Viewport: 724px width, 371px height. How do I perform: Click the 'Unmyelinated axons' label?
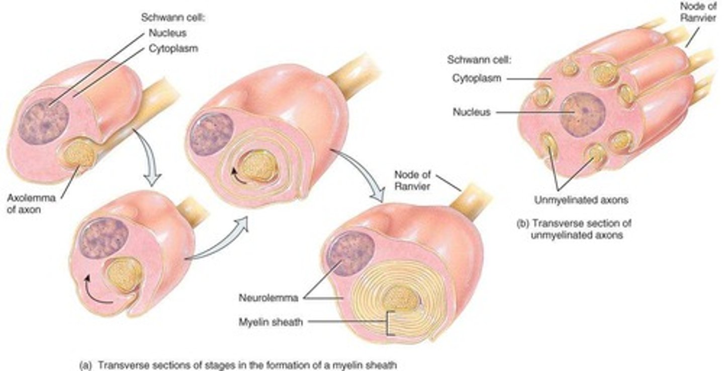(x=581, y=200)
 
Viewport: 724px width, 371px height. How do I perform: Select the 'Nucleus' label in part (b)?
(x=471, y=112)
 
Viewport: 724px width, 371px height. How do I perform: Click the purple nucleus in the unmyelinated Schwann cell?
(x=583, y=115)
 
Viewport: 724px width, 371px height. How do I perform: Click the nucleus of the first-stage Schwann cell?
(x=43, y=121)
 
